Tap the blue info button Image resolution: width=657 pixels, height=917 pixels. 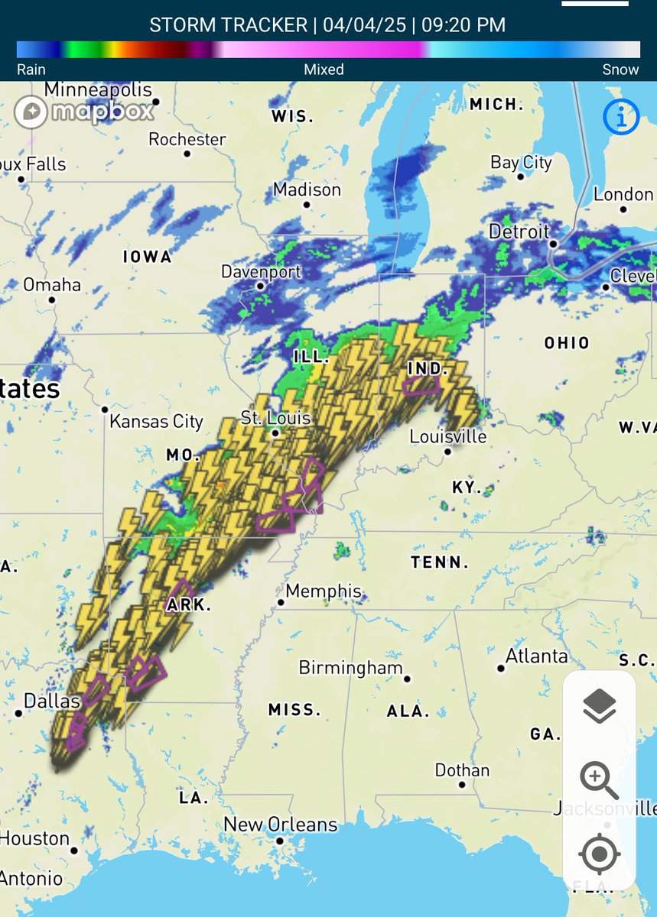[620, 117]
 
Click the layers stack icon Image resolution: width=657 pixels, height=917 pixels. [600, 706]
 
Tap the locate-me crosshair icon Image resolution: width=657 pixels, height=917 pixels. [600, 853]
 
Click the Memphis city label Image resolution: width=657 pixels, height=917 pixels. [323, 591]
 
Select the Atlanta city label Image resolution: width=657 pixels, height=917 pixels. [537, 656]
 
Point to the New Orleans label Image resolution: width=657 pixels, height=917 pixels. [280, 825]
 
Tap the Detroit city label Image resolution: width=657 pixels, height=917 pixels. [519, 232]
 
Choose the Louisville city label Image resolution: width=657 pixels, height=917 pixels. [448, 436]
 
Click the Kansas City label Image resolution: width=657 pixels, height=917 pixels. [156, 421]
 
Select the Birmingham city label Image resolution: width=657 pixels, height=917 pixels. [350, 667]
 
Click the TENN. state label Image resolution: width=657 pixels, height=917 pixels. [439, 562]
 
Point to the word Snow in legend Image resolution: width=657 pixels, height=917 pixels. [620, 70]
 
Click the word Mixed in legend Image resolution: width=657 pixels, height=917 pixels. [324, 70]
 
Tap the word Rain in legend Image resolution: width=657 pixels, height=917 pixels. [31, 70]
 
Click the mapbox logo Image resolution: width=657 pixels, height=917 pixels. [84, 112]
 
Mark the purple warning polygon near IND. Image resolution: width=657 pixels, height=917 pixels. [422, 384]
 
